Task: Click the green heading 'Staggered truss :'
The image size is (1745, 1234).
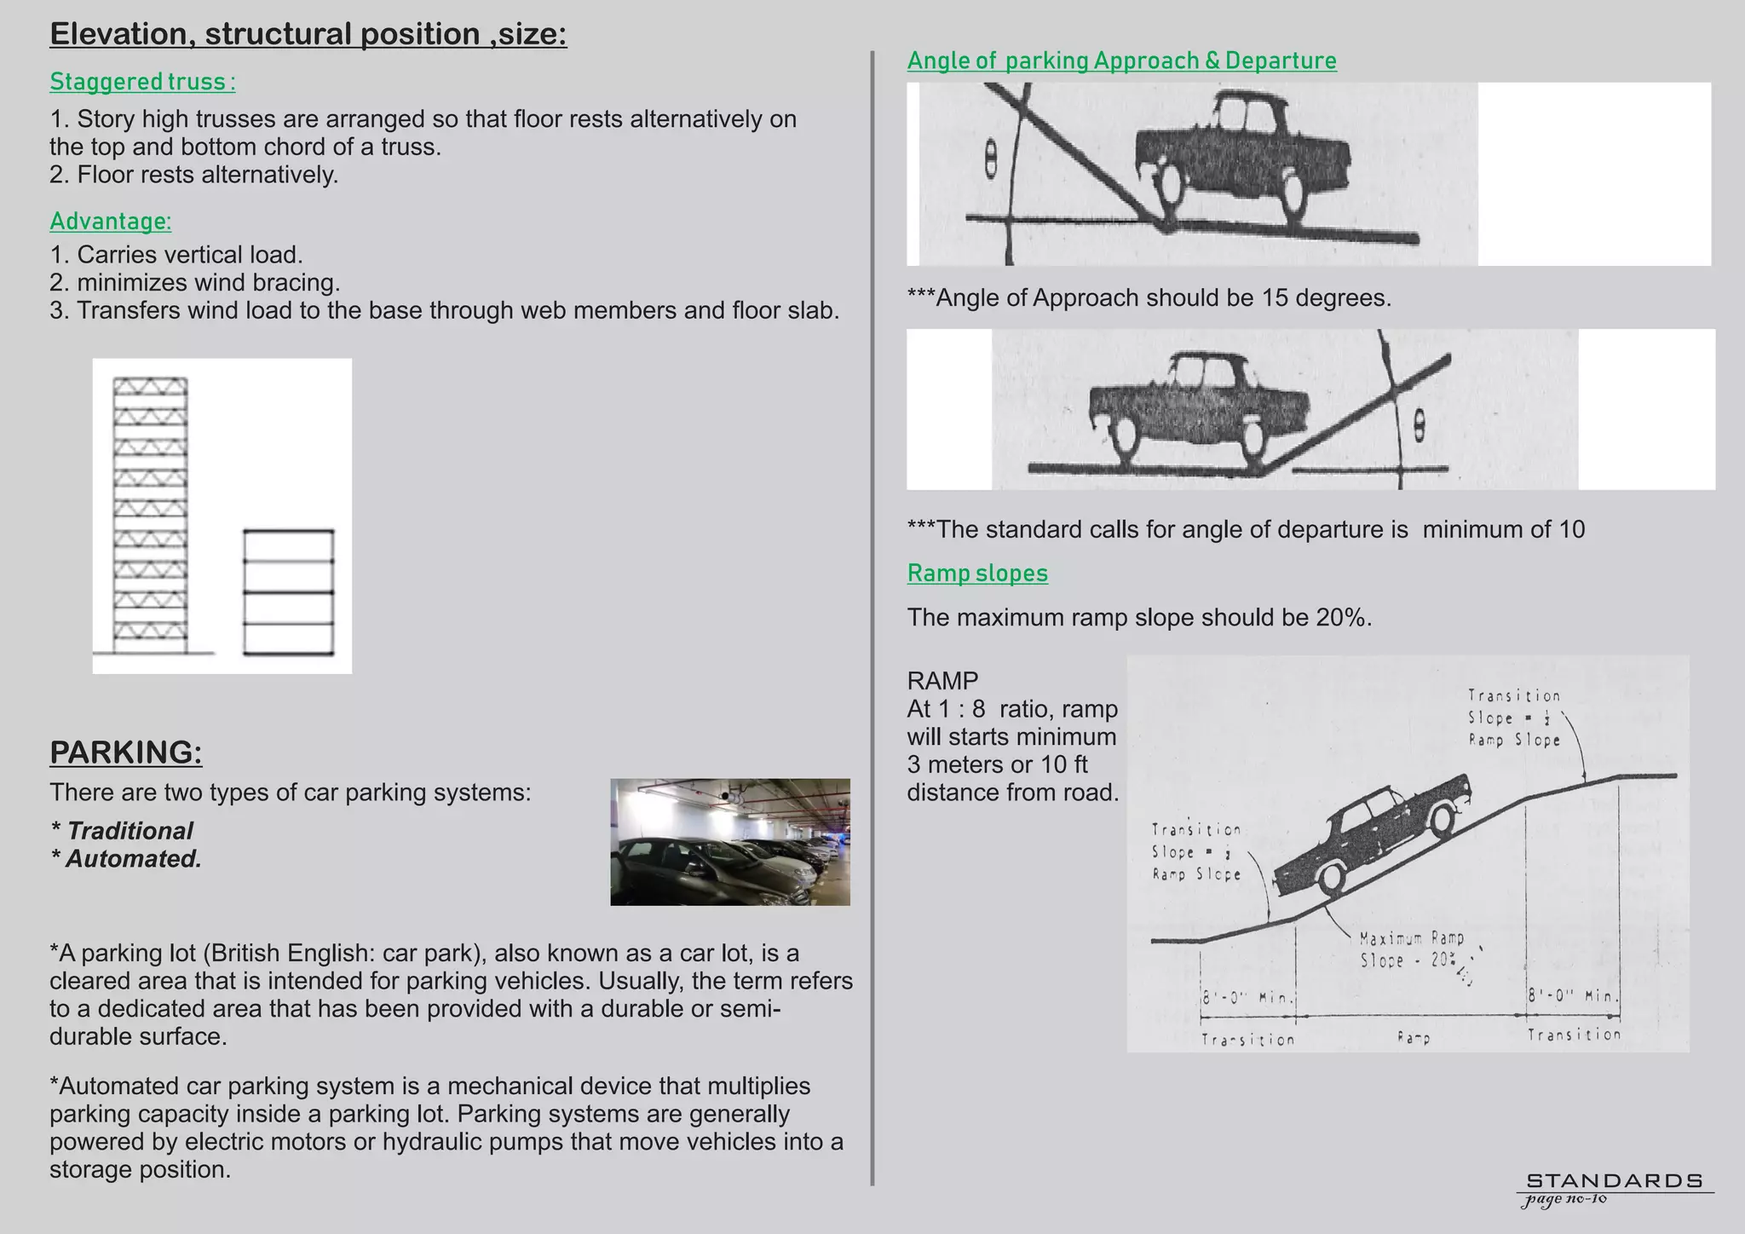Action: tap(142, 82)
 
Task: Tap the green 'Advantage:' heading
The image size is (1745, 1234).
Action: tap(111, 222)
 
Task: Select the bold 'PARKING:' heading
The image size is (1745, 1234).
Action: tap(126, 753)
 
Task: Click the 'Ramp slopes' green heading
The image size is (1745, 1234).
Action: tap(977, 573)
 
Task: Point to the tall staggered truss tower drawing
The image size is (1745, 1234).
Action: tap(151, 516)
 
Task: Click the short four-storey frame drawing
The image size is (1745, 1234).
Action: tap(288, 592)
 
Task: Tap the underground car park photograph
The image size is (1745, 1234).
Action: tap(730, 841)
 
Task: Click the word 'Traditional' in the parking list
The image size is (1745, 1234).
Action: tap(130, 831)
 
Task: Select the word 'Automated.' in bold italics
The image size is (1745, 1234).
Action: tap(134, 859)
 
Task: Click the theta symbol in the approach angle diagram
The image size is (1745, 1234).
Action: tap(991, 159)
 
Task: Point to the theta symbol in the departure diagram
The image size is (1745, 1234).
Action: tap(1419, 425)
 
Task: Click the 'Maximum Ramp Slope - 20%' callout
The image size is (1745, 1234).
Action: tap(1412, 949)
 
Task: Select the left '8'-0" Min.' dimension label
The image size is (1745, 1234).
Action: tap(1248, 997)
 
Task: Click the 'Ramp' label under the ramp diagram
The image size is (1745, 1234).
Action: tap(1414, 1038)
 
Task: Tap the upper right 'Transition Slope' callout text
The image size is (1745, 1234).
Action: tap(1514, 718)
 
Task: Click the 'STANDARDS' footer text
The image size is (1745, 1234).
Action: tap(1614, 1180)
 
